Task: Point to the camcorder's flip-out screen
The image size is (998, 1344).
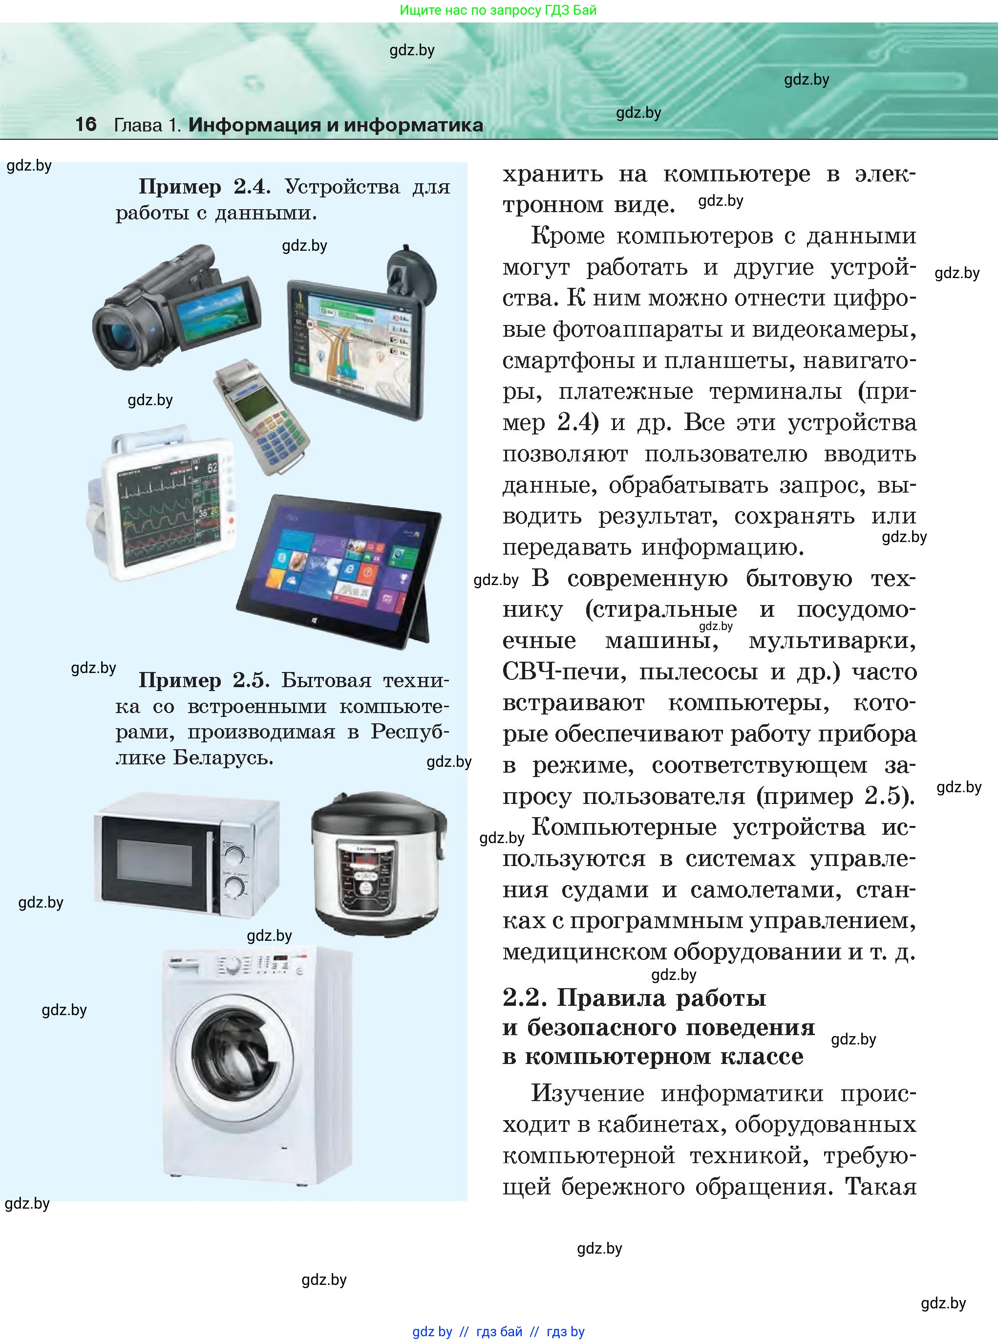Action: point(214,314)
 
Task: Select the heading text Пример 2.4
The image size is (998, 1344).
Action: point(204,187)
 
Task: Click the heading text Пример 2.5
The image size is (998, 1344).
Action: point(204,680)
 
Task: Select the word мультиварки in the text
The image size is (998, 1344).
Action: point(832,641)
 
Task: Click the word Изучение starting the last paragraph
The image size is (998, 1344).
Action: point(587,1093)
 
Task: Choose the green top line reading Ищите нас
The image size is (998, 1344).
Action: point(498,10)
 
